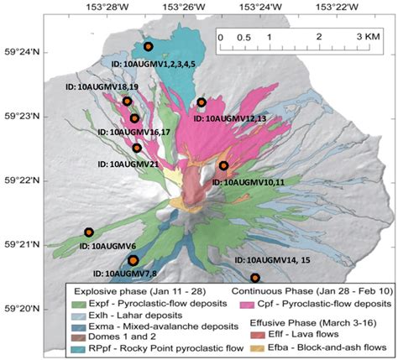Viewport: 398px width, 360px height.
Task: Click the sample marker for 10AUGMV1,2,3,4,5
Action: (x=148, y=46)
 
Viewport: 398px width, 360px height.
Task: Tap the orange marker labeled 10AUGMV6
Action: (x=89, y=232)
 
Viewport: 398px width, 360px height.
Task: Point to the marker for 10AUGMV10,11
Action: (x=223, y=165)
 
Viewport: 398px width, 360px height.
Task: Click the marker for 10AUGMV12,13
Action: (x=202, y=102)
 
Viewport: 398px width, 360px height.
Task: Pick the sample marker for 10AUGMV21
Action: (x=137, y=149)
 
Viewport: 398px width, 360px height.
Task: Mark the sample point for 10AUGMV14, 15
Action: (x=255, y=278)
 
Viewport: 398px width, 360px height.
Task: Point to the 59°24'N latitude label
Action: (x=18, y=52)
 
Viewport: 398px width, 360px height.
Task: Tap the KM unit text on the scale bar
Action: (x=371, y=38)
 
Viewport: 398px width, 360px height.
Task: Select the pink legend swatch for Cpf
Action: (x=249, y=303)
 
